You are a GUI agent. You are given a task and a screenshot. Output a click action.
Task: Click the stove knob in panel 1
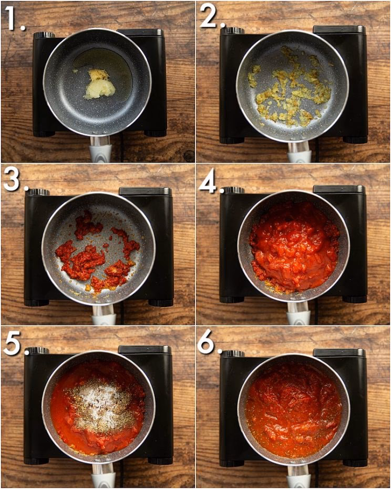45,35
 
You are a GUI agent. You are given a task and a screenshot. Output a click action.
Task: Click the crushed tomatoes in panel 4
294,244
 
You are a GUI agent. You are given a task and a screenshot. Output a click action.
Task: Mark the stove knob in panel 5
38,350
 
